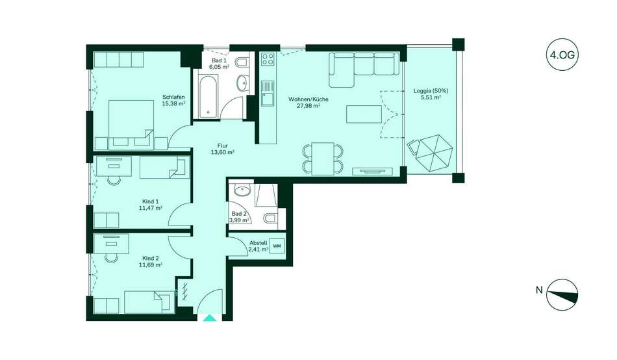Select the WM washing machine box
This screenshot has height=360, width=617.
point(277,246)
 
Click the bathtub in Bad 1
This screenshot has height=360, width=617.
point(207,97)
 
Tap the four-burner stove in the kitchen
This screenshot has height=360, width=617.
point(268,60)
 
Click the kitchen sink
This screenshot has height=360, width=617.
point(268,94)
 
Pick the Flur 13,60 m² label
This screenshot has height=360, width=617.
point(222,149)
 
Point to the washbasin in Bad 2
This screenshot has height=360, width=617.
point(242,190)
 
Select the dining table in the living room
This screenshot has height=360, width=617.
point(323,159)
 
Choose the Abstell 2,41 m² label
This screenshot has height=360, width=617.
point(258,246)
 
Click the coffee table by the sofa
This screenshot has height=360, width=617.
point(364,114)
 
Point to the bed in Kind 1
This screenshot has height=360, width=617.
point(165,167)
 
